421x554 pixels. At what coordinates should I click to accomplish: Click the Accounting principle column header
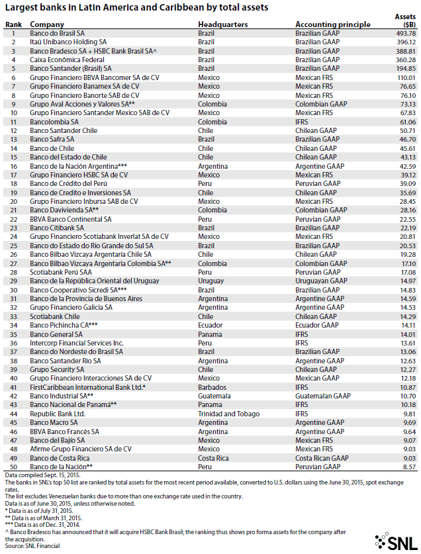coord(332,24)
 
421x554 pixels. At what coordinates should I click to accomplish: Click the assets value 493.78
coord(404,32)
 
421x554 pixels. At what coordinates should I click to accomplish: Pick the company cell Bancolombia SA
coord(57,122)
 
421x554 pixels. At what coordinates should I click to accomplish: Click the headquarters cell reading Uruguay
coord(211,281)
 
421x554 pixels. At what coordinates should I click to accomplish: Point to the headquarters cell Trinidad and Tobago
coord(230,414)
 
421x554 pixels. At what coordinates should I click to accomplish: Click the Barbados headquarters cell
coord(212,387)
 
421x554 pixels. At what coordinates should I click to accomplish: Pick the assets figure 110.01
coord(404,77)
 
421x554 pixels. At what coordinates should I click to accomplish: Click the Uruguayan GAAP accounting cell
coord(322,281)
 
